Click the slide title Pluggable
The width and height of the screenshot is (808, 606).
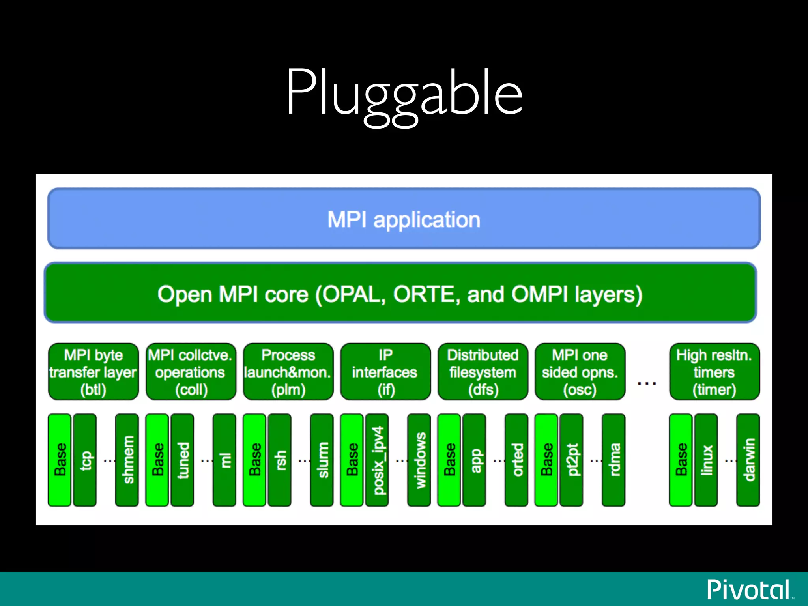[x=404, y=94]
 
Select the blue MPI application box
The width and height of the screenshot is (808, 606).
[x=404, y=219]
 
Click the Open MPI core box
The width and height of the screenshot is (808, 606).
[x=400, y=293]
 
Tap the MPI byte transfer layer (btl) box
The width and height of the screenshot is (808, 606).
[x=94, y=372]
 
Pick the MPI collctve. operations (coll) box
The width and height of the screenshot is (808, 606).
[x=191, y=372]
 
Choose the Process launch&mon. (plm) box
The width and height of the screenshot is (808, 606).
[x=288, y=372]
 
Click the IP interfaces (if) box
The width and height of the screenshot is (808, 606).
[x=385, y=372]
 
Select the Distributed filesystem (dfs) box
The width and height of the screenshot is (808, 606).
[x=483, y=372]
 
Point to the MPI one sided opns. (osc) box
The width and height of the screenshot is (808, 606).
[x=580, y=372]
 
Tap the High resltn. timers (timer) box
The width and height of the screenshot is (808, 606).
[x=714, y=372]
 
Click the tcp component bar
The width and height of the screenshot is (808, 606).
[x=85, y=460]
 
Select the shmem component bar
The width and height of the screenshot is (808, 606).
[x=127, y=460]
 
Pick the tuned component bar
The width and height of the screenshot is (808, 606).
[x=182, y=460]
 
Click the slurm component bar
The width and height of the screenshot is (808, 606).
[x=322, y=460]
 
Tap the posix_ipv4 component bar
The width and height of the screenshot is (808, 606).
[x=377, y=460]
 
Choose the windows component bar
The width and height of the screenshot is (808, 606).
[x=419, y=460]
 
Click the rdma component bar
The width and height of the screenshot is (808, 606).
[x=613, y=460]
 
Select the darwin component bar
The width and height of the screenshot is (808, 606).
[x=748, y=460]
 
